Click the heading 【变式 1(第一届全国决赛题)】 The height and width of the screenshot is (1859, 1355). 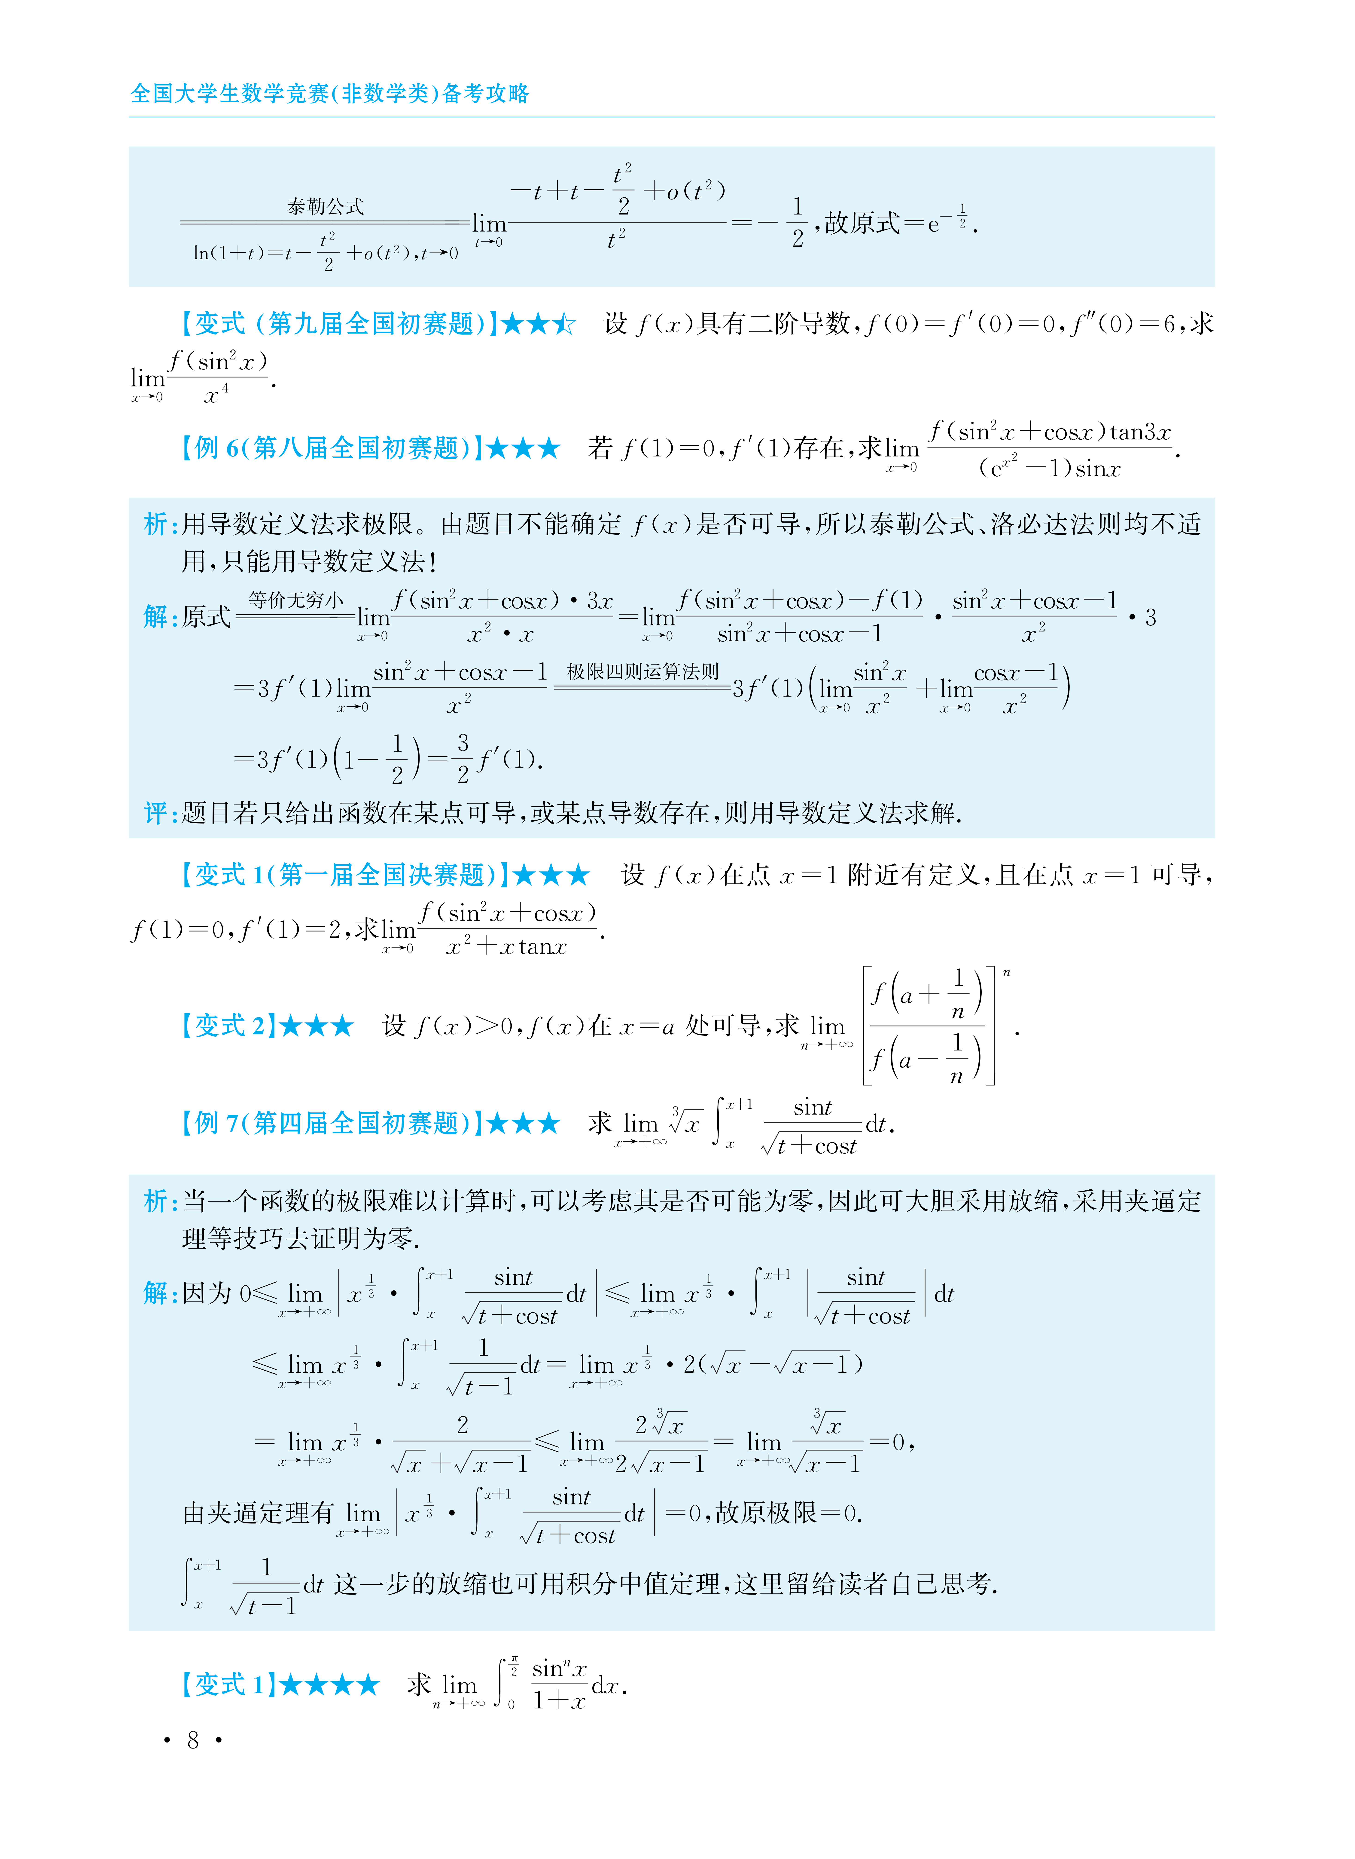coord(343,875)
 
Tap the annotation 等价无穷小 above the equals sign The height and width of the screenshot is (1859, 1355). coord(296,600)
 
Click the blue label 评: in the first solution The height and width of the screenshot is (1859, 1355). coord(161,813)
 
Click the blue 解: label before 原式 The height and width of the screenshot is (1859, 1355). coord(161,617)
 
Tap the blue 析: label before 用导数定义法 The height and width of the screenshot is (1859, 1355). coord(161,524)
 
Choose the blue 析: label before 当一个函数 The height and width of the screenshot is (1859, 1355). coord(161,1201)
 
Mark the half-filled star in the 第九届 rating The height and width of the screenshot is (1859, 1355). coord(564,324)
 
